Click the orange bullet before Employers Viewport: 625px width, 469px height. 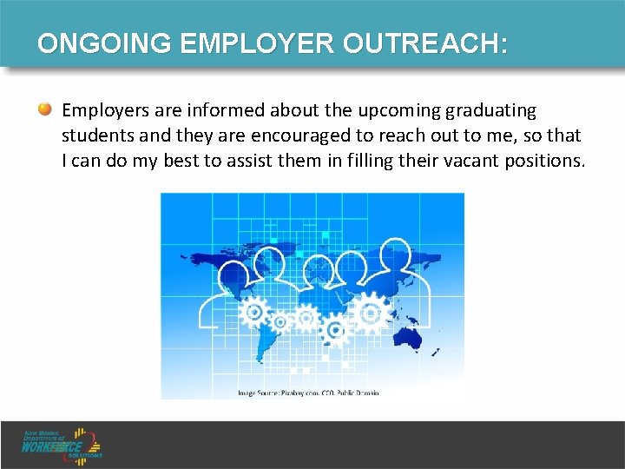(44, 110)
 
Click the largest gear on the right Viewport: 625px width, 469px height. (372, 310)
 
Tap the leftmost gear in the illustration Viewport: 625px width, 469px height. (253, 311)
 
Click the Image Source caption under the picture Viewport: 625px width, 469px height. (308, 393)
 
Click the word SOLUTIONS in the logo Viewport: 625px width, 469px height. (86, 455)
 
